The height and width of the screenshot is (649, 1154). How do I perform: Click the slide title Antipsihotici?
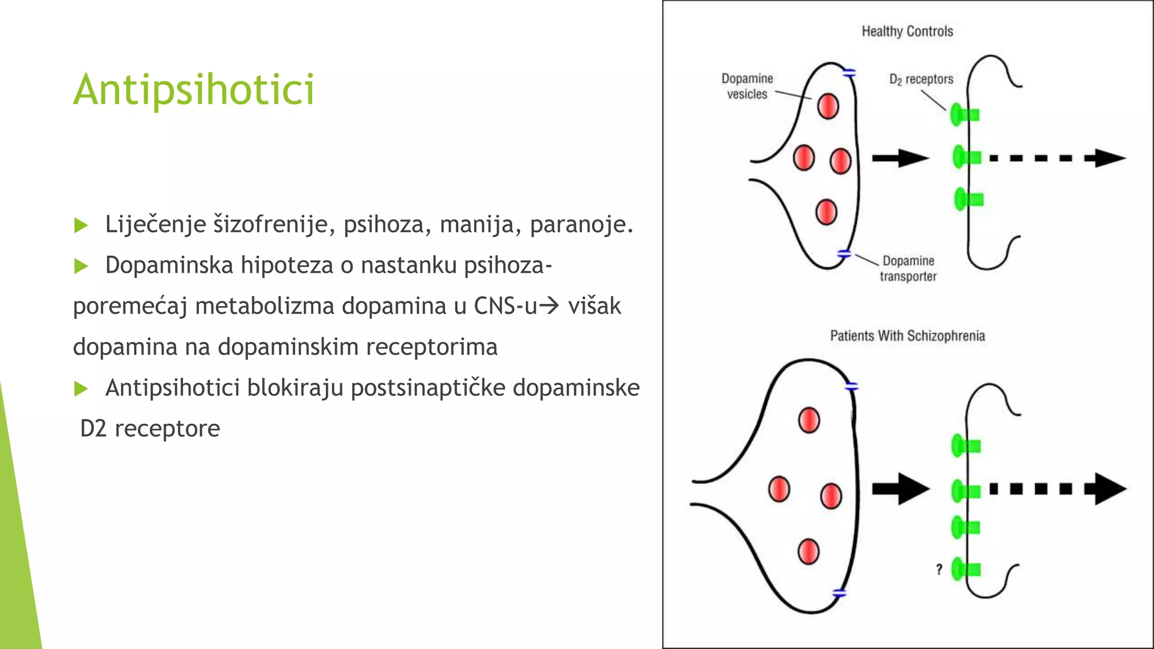pos(194,90)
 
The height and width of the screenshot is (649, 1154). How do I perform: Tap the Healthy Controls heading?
pos(907,32)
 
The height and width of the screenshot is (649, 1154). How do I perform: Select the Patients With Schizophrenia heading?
pos(907,336)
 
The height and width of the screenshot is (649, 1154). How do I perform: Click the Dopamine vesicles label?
pos(747,86)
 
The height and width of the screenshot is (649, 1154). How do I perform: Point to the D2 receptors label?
pos(921,79)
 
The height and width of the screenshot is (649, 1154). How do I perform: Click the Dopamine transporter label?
pos(908,268)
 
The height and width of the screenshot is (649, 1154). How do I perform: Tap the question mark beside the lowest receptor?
pos(939,569)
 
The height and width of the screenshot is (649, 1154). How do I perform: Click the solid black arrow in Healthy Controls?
pos(900,158)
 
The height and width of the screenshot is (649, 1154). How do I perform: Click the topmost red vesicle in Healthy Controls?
pos(828,106)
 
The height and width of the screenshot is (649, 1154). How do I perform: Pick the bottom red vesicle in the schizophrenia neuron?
pos(808,551)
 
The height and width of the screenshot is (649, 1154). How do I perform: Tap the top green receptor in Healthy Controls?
pos(964,115)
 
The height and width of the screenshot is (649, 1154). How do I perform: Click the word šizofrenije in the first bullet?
pos(270,224)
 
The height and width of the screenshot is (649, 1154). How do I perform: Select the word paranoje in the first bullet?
pos(581,224)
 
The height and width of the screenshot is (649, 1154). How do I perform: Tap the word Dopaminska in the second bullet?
pos(169,265)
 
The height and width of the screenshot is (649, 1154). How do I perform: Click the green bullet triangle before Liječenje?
pos(81,225)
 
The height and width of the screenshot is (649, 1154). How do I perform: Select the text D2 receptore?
pos(150,429)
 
